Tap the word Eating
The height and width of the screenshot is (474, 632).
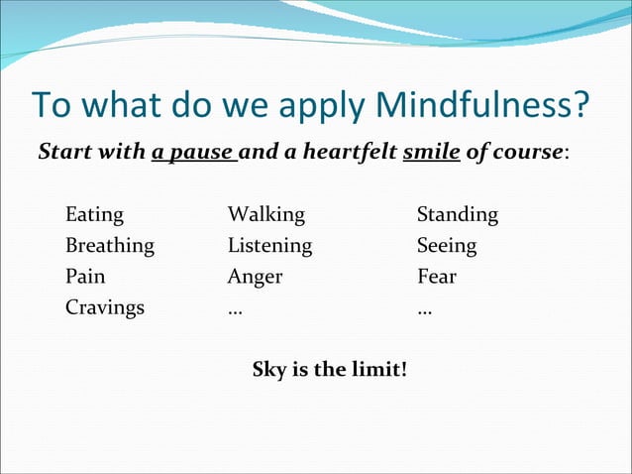pos(94,215)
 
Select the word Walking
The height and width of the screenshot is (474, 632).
pos(265,215)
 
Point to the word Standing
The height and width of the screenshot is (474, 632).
pos(457,215)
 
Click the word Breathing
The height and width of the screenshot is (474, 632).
pos(109,246)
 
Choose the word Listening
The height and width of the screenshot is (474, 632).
pos(269,246)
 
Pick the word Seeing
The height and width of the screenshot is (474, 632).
pos(446,246)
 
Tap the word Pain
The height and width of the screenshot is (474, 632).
pos(85,277)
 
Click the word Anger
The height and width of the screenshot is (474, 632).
pos(255,277)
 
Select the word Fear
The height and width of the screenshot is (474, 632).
pos(437,277)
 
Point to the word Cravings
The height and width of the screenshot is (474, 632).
pos(104,307)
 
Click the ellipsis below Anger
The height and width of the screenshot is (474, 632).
pos(235,310)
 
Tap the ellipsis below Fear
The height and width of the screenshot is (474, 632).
pos(424,310)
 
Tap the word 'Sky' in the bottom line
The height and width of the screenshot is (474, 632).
pos(269,370)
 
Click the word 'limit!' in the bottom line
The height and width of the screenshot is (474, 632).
pos(381,370)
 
